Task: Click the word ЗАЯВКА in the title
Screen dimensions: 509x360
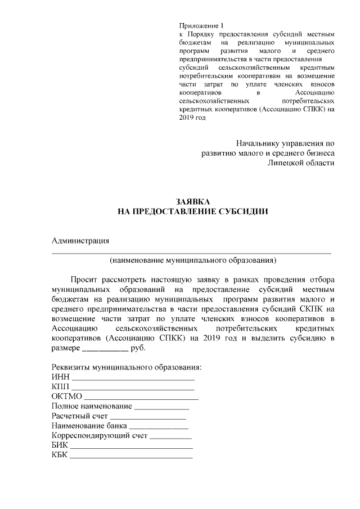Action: (192, 201)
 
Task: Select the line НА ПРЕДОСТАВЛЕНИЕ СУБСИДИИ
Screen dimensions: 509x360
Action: (192, 211)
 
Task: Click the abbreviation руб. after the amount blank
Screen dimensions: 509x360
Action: (138, 348)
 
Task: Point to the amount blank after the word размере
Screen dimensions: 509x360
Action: (105, 349)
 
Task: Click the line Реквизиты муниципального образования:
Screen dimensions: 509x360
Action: (126, 367)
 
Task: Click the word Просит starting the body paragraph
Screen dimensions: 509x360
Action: (83, 279)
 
